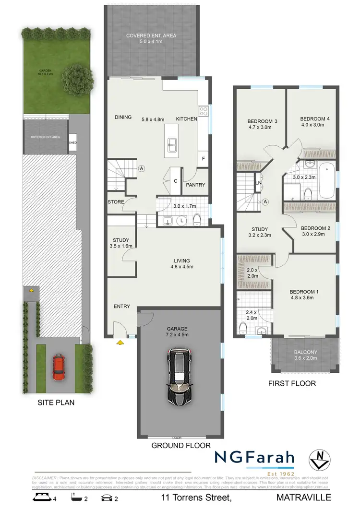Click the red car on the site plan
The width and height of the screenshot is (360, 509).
tap(59, 367)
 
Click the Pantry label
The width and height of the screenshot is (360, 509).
tap(195, 185)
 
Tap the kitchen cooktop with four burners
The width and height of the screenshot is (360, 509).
tap(203, 111)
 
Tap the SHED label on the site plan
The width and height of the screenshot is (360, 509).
tap(72, 142)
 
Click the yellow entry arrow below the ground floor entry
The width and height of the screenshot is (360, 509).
tap(119, 343)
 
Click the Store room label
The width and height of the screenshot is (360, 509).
tap(116, 202)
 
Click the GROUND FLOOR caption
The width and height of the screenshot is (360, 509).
tap(181, 446)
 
